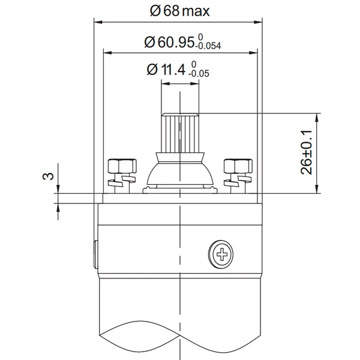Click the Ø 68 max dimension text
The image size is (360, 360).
[x=180, y=11]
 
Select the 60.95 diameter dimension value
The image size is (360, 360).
[x=170, y=42]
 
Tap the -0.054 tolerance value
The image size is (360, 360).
[x=208, y=46]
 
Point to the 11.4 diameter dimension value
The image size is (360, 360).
[x=166, y=70]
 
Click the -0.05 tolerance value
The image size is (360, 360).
[x=199, y=74]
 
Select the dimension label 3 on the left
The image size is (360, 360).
[x=48, y=176]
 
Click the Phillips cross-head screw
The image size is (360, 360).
[x=221, y=254]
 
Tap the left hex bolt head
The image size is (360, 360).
[x=122, y=166]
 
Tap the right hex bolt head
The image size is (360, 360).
[x=238, y=166]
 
